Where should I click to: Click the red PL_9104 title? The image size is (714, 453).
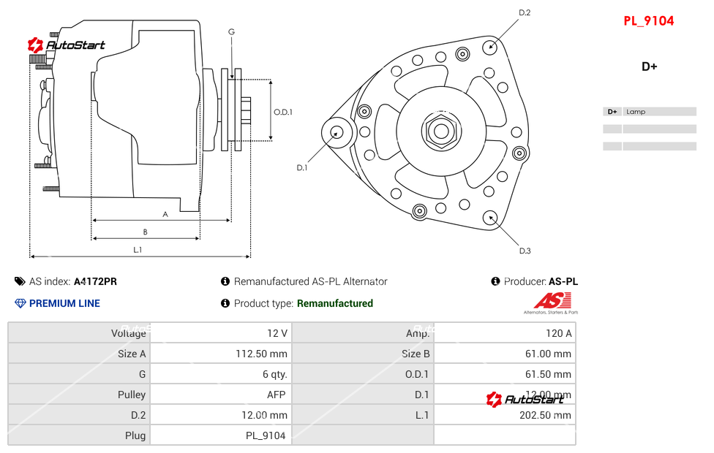648,21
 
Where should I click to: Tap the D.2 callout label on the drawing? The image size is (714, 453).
525,12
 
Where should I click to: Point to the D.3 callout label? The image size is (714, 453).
525,251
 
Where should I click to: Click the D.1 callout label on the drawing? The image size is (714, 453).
301,168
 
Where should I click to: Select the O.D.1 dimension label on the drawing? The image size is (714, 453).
283,112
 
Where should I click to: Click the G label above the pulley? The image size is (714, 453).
231,31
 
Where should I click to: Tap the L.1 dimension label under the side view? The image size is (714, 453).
137,250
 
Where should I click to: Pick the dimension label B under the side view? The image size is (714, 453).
145,232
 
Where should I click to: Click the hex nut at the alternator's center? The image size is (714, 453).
440,132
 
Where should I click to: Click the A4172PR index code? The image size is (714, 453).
95,281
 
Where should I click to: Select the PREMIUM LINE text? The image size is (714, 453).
64,303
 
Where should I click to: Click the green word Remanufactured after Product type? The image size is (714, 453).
335,303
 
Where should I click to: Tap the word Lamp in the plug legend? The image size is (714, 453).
636,112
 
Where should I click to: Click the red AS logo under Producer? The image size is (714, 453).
552,300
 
